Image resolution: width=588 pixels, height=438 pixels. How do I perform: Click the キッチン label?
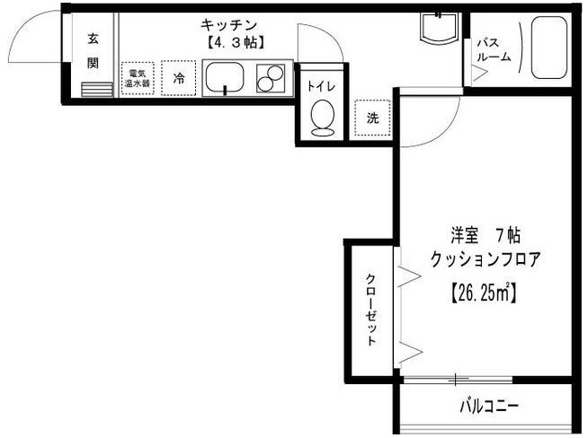pos(232,26)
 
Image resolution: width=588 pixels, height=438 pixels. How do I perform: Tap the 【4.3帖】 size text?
pos(232,42)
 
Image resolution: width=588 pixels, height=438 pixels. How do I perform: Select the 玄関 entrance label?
pos(93,50)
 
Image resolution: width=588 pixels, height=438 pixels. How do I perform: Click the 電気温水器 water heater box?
pos(138,78)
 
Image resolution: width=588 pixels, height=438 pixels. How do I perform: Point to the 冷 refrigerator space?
pos(179,78)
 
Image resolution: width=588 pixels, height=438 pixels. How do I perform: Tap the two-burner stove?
pos(271,79)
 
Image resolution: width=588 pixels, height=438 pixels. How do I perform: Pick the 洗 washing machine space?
pos(371,117)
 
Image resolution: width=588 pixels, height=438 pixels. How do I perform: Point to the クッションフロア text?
pos(486,259)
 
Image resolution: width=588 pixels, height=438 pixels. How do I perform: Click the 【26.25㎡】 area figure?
pos(483,292)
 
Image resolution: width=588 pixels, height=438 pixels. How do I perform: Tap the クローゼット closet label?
pos(370,310)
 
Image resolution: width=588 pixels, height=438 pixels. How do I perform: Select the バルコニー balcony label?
pos(489,407)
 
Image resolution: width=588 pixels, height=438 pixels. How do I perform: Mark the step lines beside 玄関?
pos(93,88)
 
